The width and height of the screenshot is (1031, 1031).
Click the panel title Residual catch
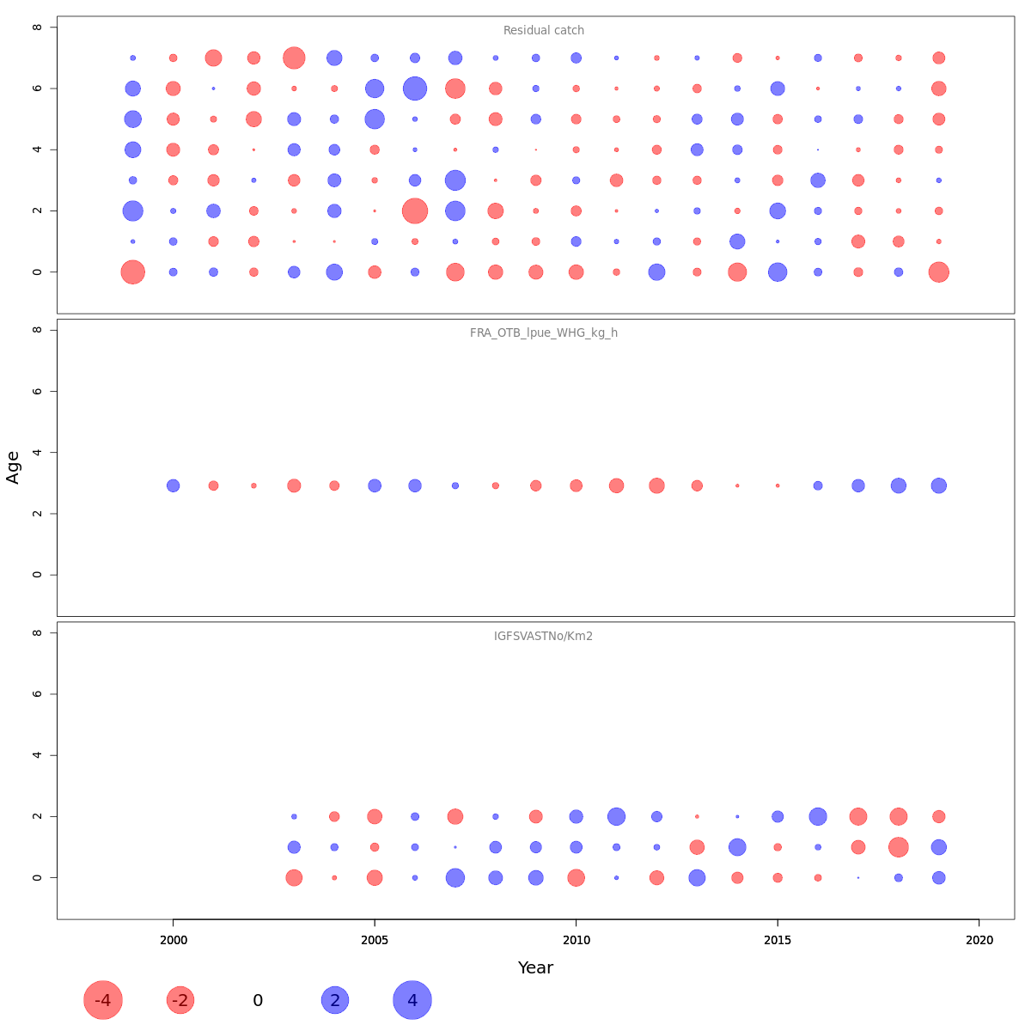[x=543, y=31]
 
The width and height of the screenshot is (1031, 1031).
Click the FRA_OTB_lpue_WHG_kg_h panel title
[x=543, y=333]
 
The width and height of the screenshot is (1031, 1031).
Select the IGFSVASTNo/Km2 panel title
[x=543, y=637]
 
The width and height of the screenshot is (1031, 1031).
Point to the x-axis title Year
[x=535, y=968]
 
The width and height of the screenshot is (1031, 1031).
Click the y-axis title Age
[x=13, y=467]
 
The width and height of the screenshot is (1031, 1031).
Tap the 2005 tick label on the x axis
[x=375, y=941]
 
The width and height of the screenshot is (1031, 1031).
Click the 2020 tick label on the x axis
[x=979, y=941]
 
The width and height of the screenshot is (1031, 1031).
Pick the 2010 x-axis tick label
[x=576, y=941]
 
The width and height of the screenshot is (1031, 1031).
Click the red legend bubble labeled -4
[x=103, y=1000]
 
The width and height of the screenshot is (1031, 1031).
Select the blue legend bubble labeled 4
[x=412, y=1000]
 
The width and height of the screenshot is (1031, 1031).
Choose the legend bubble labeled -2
[x=180, y=1000]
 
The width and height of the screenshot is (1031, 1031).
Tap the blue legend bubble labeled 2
[x=335, y=1000]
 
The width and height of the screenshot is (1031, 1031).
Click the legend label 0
[x=258, y=1001]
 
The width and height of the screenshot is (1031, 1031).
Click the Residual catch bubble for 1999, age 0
[x=132, y=272]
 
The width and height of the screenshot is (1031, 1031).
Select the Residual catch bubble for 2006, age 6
[x=415, y=88]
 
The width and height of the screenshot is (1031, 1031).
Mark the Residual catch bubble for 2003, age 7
[x=294, y=58]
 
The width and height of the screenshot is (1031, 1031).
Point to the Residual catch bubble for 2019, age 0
[x=938, y=272]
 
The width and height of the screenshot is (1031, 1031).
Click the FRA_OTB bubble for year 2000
[x=173, y=485]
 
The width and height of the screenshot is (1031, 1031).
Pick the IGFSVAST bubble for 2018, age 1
[x=898, y=847]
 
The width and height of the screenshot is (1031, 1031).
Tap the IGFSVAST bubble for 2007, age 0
[x=455, y=878]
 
